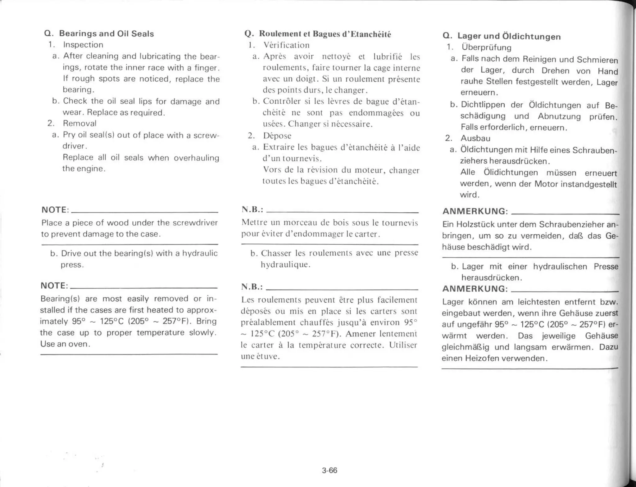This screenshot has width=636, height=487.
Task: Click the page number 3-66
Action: (329, 471)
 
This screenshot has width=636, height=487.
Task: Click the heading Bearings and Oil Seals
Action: (107, 34)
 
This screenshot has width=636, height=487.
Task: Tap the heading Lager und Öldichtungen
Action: (509, 36)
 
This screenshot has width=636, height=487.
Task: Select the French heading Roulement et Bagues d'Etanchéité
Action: (325, 34)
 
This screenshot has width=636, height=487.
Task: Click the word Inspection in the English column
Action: (83, 45)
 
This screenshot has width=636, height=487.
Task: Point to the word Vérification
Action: (286, 45)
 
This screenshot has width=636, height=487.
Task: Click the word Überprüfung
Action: (486, 47)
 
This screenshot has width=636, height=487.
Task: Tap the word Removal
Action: (80, 123)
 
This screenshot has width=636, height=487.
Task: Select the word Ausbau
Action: (475, 138)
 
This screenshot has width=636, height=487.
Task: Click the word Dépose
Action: (277, 136)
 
